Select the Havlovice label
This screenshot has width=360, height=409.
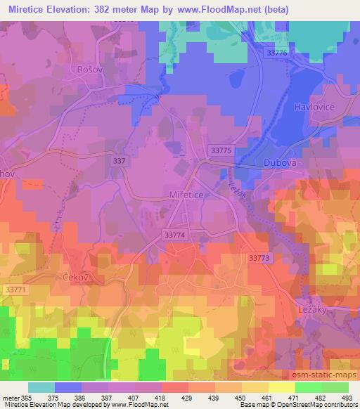[312, 107]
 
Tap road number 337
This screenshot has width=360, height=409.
[120, 161]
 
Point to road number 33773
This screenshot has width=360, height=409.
[259, 258]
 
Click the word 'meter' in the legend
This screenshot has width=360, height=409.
[12, 397]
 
